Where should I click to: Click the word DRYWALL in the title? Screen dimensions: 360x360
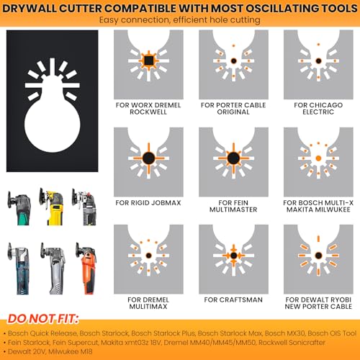pyautogui.click(x=30, y=9)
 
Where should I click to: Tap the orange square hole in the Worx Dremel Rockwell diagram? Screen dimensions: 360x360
pyautogui.click(x=148, y=60)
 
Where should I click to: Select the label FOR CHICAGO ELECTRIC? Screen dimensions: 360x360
pyautogui.click(x=318, y=109)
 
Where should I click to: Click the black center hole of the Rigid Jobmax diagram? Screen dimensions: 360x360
pyautogui.click(x=148, y=158)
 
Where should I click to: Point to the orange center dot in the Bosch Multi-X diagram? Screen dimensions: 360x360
pyautogui.click(x=318, y=158)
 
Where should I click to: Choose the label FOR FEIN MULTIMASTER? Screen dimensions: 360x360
pyautogui.click(x=233, y=206)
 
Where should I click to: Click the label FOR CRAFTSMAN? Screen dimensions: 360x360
pyautogui.click(x=233, y=300)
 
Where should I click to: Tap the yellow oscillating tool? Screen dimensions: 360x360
pyautogui.click(x=51, y=207)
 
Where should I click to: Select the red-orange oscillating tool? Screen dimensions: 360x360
pyautogui.click(x=86, y=269)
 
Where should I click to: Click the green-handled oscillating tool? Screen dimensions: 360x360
pyautogui.click(x=19, y=207)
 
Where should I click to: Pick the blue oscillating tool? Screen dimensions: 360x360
pyautogui.click(x=19, y=269)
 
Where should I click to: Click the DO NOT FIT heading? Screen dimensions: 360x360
pyautogui.click(x=43, y=319)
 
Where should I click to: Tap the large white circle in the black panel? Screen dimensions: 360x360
pyautogui.click(x=53, y=125)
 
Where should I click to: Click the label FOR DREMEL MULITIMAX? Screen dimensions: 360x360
pyautogui.click(x=148, y=303)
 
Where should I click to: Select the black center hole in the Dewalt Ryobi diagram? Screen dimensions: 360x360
pyautogui.click(x=318, y=256)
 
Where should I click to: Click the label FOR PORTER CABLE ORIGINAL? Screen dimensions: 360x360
pyautogui.click(x=233, y=109)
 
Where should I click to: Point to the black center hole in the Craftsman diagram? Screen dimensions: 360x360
pyautogui.click(x=233, y=256)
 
